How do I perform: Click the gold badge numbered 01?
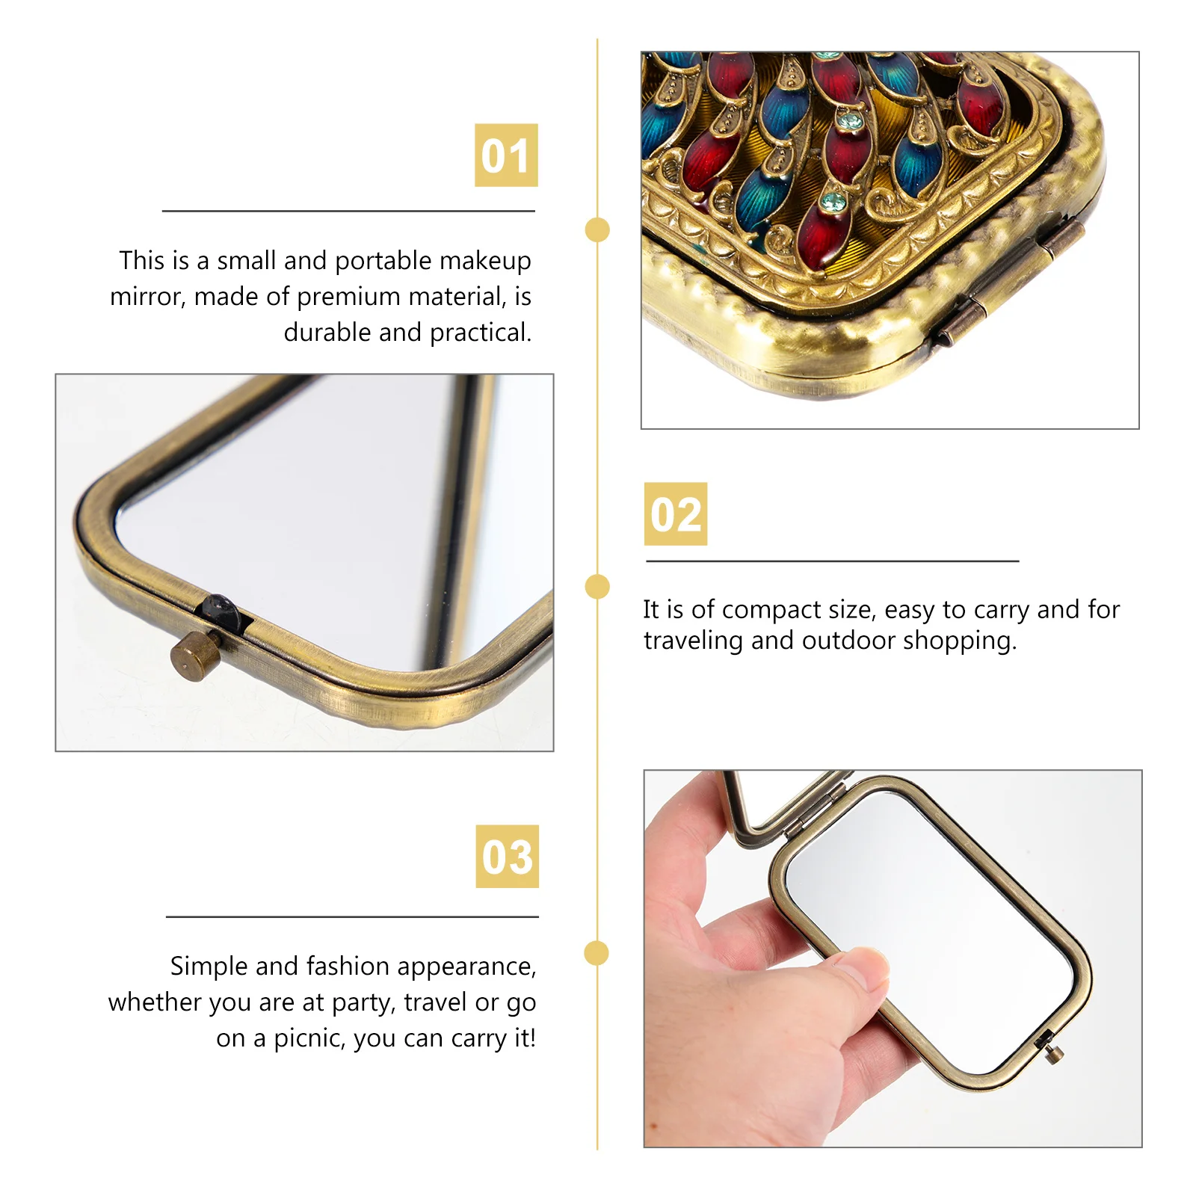(x=506, y=155)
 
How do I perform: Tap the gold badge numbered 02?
(x=676, y=514)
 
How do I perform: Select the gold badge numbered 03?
(x=507, y=857)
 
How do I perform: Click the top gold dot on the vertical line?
(x=597, y=229)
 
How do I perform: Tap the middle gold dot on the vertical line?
(x=597, y=587)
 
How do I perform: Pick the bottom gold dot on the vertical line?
(x=597, y=953)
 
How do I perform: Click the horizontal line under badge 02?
(x=832, y=561)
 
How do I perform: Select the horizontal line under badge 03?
(x=352, y=916)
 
